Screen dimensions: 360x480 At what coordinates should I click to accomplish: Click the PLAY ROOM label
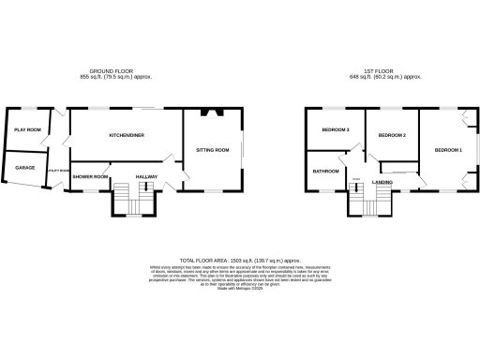pyautogui.click(x=25, y=129)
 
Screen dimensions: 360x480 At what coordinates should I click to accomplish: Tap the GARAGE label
pyautogui.click(x=24, y=168)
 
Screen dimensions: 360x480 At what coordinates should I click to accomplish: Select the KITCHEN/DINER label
pyautogui.click(x=127, y=136)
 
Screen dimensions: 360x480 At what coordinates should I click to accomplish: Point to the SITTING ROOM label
pyautogui.click(x=212, y=150)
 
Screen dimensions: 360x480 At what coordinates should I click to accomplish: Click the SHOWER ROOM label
pyautogui.click(x=91, y=177)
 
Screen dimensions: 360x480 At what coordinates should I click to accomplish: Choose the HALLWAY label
pyautogui.click(x=146, y=177)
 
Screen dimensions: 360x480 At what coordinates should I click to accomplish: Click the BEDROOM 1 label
pyautogui.click(x=447, y=150)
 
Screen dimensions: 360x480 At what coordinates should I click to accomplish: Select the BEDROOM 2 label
pyautogui.click(x=391, y=136)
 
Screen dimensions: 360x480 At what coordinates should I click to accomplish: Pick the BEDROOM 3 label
pyautogui.click(x=335, y=129)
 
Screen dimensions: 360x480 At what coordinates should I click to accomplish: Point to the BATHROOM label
pyautogui.click(x=325, y=172)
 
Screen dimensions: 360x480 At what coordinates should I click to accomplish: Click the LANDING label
pyautogui.click(x=382, y=181)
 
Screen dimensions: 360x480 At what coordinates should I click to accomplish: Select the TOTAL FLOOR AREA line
pyautogui.click(x=240, y=259)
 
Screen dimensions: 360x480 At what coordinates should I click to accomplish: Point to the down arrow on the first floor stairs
pyautogui.click(x=357, y=192)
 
